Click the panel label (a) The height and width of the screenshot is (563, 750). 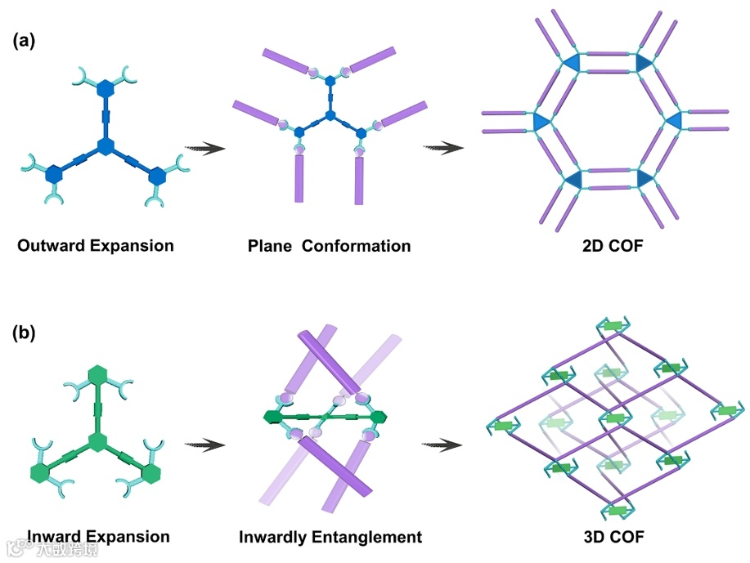click(23, 41)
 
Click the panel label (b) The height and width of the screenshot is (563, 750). click(23, 333)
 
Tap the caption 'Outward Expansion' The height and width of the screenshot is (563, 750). click(95, 245)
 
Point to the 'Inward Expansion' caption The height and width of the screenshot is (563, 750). click(99, 537)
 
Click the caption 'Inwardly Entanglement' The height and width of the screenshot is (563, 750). click(330, 538)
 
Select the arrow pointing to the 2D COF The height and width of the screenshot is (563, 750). click(443, 148)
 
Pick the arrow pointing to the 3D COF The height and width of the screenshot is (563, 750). click(443, 445)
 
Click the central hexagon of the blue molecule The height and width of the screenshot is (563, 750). click(105, 146)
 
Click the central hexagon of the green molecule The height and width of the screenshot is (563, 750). click(99, 444)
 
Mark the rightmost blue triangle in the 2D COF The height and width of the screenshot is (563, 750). click(673, 121)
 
